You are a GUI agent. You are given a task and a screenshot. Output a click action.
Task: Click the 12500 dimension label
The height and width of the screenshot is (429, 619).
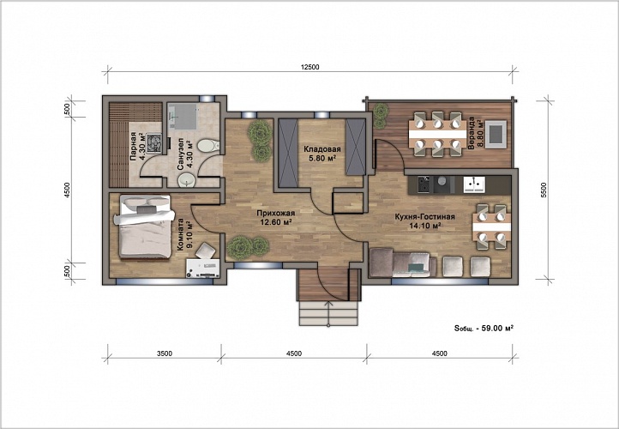(309, 67)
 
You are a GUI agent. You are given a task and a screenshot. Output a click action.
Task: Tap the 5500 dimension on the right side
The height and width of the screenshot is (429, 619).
(544, 190)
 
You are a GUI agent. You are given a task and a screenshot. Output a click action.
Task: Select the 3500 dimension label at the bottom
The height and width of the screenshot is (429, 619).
(165, 353)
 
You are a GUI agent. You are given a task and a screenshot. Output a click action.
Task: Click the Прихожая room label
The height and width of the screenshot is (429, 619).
(275, 214)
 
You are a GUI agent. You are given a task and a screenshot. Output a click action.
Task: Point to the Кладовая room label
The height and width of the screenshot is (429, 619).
(322, 149)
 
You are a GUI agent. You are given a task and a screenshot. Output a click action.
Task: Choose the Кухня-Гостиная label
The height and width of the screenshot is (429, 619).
(424, 217)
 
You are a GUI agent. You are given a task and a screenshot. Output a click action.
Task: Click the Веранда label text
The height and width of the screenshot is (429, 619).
(471, 133)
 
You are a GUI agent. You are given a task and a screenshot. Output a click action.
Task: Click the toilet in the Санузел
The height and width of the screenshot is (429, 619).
(208, 146)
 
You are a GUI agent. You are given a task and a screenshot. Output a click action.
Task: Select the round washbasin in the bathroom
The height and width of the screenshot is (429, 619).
(186, 180)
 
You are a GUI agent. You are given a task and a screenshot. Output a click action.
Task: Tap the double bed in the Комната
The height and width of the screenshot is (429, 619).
(144, 227)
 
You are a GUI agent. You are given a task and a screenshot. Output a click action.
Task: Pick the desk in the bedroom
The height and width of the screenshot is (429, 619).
(203, 269)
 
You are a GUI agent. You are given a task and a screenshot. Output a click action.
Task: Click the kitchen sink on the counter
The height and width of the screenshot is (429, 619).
(474, 184)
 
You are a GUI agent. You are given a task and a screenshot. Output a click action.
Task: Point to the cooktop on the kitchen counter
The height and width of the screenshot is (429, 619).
(424, 184)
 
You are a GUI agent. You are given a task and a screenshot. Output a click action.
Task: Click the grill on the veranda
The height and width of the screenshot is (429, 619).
(496, 134)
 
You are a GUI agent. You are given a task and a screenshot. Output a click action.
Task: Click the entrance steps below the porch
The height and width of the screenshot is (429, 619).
(328, 314)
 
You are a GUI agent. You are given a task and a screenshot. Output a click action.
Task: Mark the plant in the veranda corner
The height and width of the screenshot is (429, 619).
(380, 115)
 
